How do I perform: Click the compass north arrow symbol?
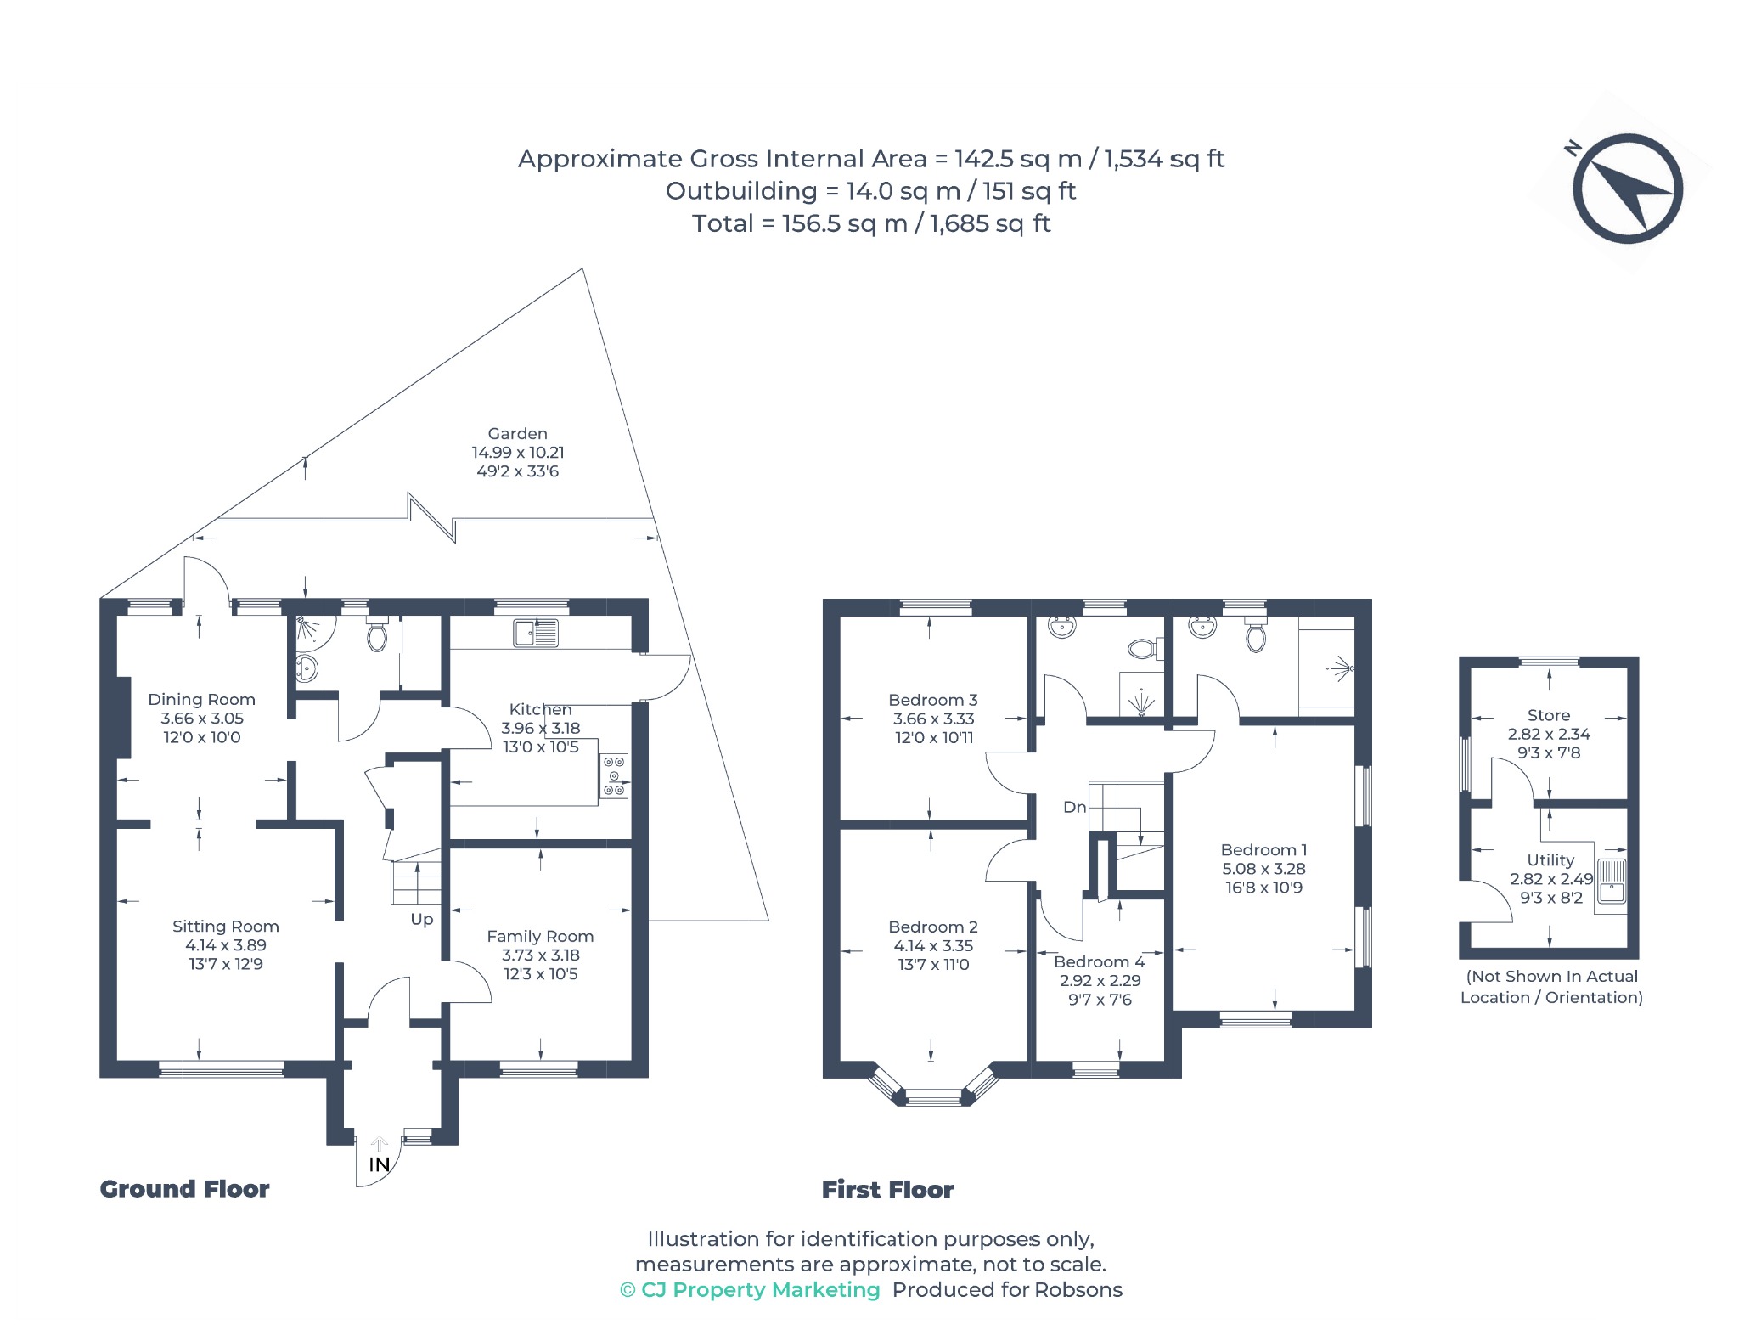(1627, 189)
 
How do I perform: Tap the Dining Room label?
(201, 700)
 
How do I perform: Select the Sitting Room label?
(225, 927)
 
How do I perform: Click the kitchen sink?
(536, 633)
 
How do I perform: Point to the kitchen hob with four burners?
(614, 776)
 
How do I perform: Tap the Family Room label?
(540, 936)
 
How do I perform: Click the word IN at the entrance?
(380, 1164)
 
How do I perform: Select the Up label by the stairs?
(422, 920)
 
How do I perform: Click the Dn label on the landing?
(1074, 807)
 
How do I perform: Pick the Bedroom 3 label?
(933, 700)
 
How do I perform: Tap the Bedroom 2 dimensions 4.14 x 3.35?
(933, 945)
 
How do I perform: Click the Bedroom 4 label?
(1100, 961)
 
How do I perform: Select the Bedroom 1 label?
(1263, 849)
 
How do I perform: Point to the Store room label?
(1549, 715)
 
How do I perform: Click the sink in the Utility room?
(1611, 881)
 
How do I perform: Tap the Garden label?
(517, 434)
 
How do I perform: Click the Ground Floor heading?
(184, 1189)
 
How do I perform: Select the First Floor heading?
(887, 1190)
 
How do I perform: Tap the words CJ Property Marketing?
(760, 1290)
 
